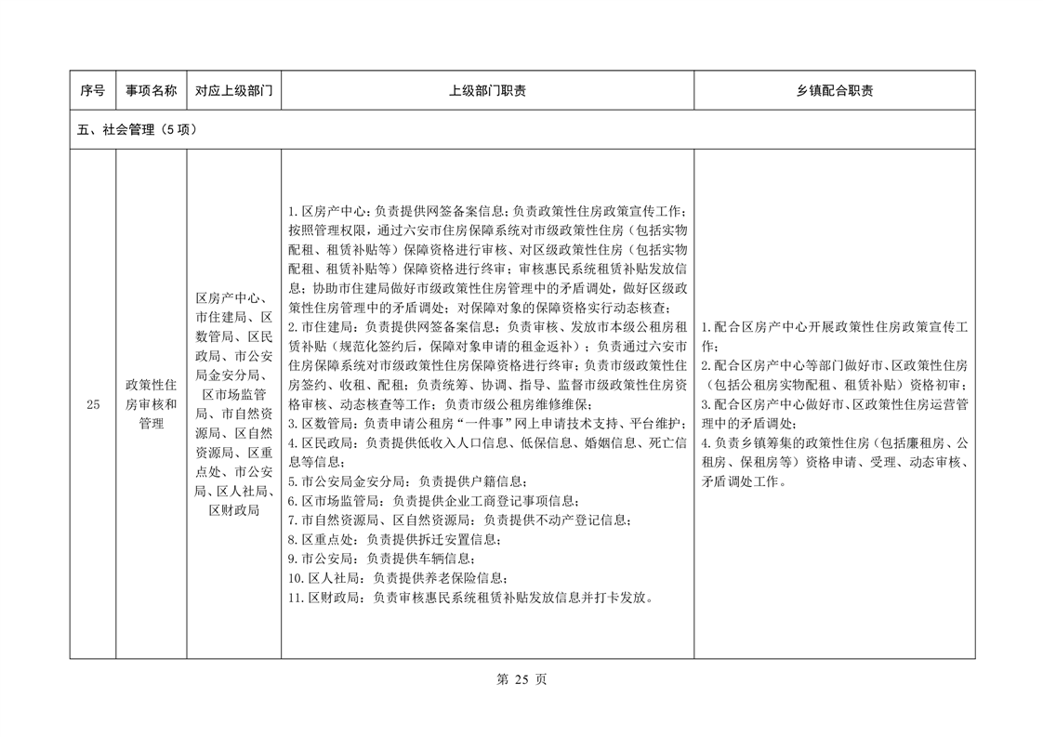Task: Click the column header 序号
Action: coord(92,91)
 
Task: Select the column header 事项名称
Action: coord(151,91)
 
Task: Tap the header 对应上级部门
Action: coord(233,91)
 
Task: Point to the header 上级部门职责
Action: coord(487,91)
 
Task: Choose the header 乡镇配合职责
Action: coord(834,91)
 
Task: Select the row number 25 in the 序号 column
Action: coord(92,404)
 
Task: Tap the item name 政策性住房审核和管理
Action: coord(151,404)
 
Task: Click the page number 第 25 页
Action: coord(521,679)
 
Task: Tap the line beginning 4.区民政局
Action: coord(487,443)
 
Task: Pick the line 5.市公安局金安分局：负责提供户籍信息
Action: coord(418,481)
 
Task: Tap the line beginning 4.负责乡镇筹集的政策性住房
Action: coord(834,443)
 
